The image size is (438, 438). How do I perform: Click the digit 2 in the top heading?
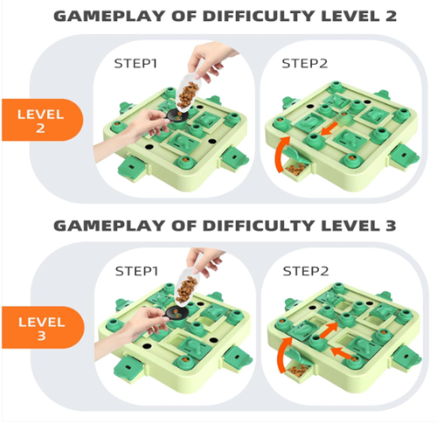pos(391,16)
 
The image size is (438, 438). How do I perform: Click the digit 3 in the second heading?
pos(391,225)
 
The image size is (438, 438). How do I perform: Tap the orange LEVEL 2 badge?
pos(42,120)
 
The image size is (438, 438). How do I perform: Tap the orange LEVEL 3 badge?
pos(43,328)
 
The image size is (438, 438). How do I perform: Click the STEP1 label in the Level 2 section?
pos(136,63)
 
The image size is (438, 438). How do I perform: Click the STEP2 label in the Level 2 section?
pos(305,63)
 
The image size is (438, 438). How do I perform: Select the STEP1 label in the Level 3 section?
pos(137,272)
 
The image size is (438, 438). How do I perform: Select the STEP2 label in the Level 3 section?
pos(306,272)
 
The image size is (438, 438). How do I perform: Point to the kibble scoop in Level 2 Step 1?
pos(188,93)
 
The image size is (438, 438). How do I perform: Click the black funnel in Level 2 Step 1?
pos(177,115)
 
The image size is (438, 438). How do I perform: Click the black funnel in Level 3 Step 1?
pos(176,314)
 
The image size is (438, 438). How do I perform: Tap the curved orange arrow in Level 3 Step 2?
pos(282,353)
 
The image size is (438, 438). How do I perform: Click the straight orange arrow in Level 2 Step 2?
pos(329,129)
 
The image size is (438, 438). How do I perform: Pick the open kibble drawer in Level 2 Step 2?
pos(296,169)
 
